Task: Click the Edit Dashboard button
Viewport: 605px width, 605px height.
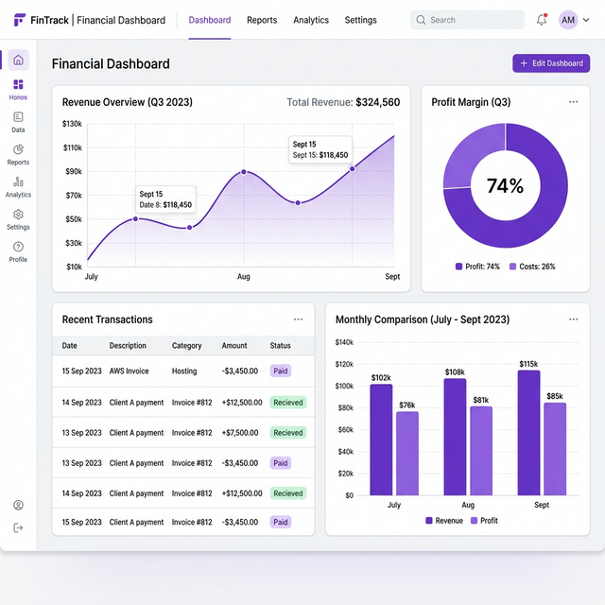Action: coord(551,63)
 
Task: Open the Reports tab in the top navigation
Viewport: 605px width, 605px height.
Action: coord(262,20)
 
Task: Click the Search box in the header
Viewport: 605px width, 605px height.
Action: coord(467,20)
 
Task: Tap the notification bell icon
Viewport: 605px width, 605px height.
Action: coord(542,20)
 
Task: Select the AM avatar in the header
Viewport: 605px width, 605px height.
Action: coord(568,20)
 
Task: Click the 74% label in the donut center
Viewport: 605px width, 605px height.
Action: coord(505,186)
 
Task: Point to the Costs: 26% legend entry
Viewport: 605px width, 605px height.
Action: coord(532,267)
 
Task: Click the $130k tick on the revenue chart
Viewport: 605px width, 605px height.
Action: coord(72,124)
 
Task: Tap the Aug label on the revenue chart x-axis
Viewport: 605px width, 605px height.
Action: coord(243,277)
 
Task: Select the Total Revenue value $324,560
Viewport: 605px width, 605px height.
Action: coord(377,102)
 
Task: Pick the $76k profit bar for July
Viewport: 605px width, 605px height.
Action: coord(406,453)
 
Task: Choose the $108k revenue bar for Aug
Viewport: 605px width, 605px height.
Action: coord(455,436)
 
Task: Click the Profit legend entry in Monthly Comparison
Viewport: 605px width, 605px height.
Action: coord(484,521)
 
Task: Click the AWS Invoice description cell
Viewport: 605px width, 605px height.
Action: coord(130,372)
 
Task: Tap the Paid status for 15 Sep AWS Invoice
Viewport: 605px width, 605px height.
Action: coord(281,372)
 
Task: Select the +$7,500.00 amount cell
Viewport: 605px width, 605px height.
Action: coord(242,433)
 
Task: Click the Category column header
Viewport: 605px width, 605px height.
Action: coord(187,346)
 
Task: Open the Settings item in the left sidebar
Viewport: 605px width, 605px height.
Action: coord(18,219)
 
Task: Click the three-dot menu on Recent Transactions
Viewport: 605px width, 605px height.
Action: coord(299,320)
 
